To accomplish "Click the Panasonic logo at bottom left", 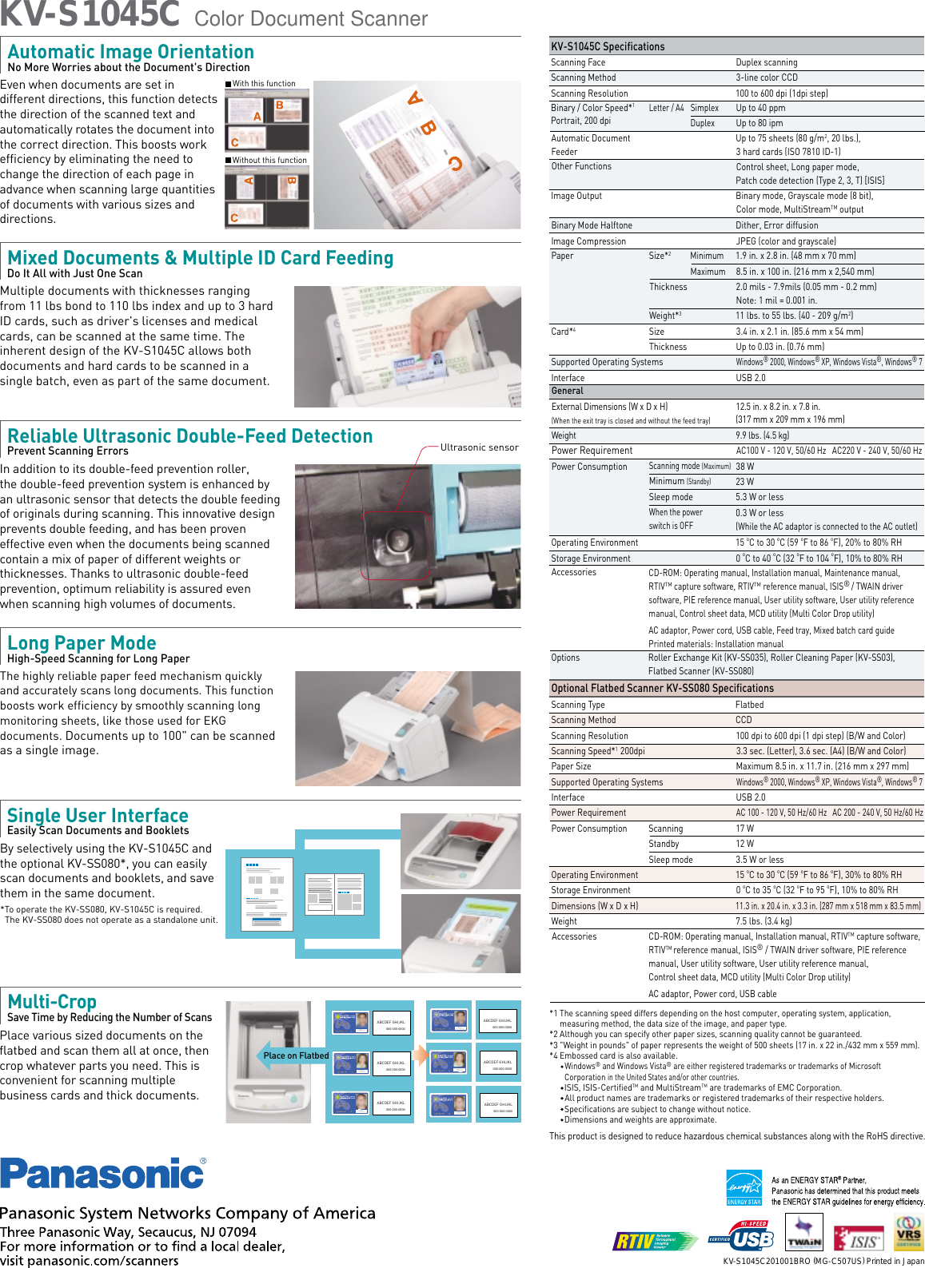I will tap(102, 1174).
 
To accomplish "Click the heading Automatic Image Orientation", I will tap(130, 52).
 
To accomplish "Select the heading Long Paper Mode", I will tap(82, 643).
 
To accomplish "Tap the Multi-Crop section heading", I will tap(52, 1002).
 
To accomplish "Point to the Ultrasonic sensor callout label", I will tap(479, 447).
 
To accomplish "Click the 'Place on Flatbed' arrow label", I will tap(295, 1055).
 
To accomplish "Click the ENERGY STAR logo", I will tap(744, 1187).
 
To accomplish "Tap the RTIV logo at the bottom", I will tap(655, 1241).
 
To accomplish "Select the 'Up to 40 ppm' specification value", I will tap(760, 108).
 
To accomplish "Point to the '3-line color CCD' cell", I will tap(766, 78).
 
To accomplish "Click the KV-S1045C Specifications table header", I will tap(608, 46).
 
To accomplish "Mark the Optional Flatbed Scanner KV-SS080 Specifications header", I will tap(662, 688).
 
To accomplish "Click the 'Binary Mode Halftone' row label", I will tap(591, 225).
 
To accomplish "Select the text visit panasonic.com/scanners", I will tap(90, 1261).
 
